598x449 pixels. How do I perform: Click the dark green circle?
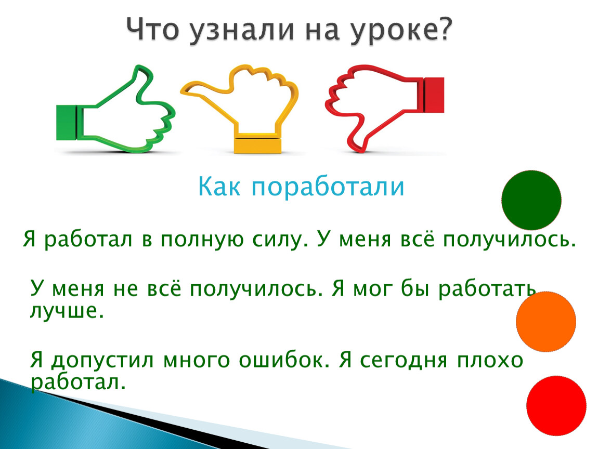(x=531, y=200)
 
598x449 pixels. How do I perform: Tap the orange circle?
(x=546, y=322)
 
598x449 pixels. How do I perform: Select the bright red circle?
(x=556, y=405)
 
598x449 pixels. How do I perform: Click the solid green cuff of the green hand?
(x=67, y=123)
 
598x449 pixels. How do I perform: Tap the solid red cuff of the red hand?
(x=434, y=95)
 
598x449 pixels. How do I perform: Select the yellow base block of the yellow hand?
(x=257, y=144)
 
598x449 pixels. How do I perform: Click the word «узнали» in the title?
(x=242, y=30)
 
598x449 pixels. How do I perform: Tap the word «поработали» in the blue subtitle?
(x=328, y=187)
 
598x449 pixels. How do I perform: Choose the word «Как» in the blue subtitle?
(x=219, y=186)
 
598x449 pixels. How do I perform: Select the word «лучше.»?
(x=67, y=311)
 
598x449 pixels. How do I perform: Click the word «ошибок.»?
(x=284, y=361)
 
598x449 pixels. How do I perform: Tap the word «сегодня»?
(x=403, y=361)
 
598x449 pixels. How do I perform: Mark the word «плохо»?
(x=490, y=361)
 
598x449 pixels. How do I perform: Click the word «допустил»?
(x=102, y=361)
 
